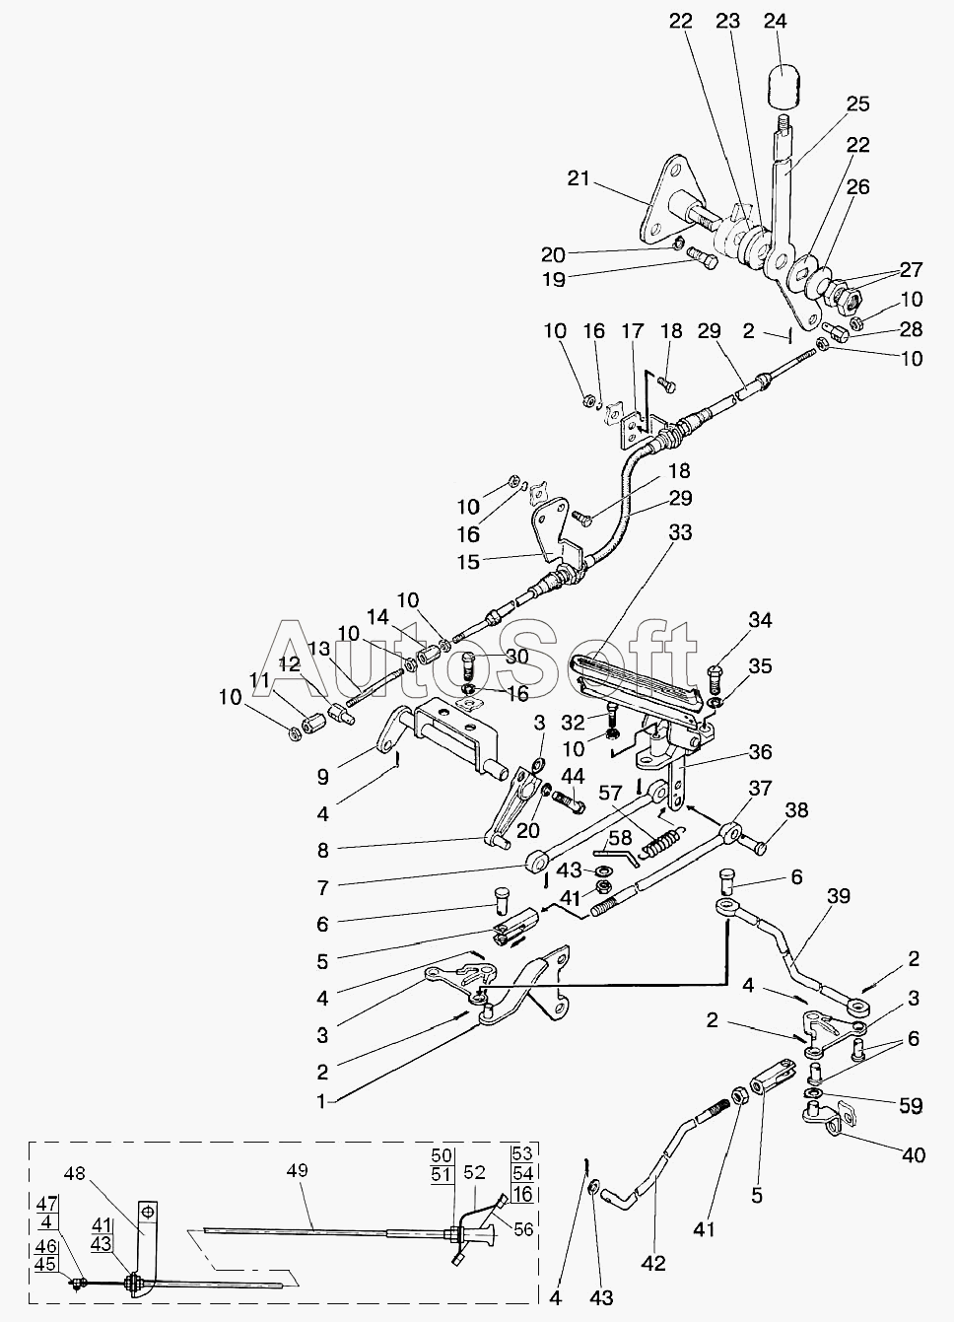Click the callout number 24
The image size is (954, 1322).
click(777, 21)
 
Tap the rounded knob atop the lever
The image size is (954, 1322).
click(784, 84)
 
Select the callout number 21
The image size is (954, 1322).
click(579, 178)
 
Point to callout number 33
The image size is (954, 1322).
click(680, 532)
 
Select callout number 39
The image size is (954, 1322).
click(839, 897)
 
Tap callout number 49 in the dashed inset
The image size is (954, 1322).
click(298, 1170)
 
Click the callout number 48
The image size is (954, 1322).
click(76, 1174)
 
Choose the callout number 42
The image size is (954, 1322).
click(653, 1263)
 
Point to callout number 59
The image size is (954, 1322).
click(911, 1107)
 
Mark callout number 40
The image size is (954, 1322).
click(915, 1154)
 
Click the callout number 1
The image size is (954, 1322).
click(319, 1100)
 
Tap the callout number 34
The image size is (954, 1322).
click(760, 620)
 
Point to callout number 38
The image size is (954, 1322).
click(796, 811)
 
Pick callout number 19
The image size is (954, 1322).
click(554, 279)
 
